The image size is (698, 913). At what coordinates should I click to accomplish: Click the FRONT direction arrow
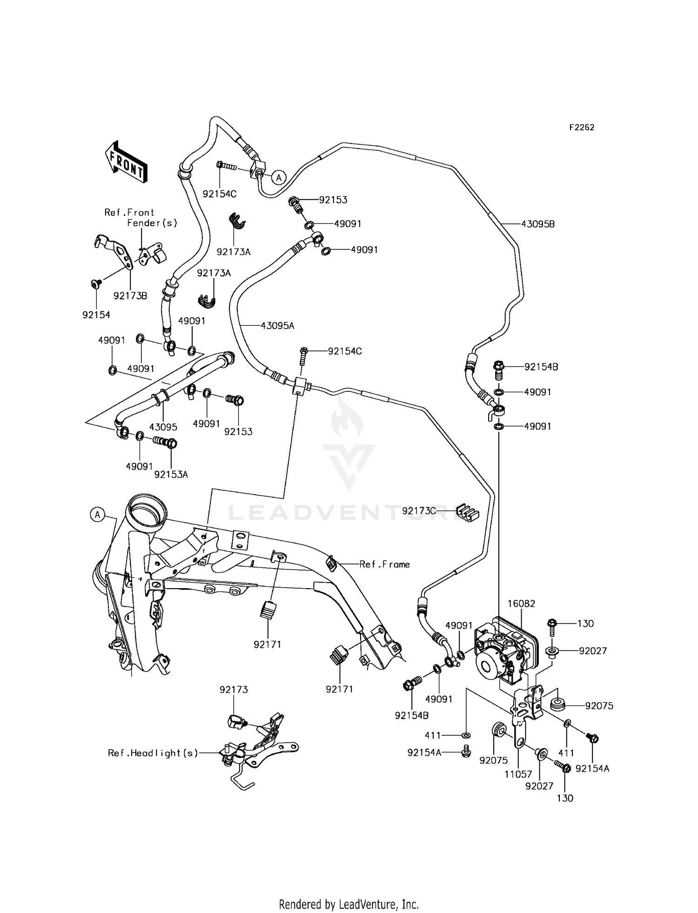point(126,161)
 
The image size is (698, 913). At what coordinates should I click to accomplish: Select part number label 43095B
point(537,224)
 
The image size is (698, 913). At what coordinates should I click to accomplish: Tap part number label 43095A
point(277,326)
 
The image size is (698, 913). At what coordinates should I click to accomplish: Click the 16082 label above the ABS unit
point(521,604)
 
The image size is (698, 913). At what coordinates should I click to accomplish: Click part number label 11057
point(517,774)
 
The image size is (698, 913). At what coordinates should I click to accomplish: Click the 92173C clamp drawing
point(467,512)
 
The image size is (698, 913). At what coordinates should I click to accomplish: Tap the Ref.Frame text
point(384,564)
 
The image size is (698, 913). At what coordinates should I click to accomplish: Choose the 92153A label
point(171,475)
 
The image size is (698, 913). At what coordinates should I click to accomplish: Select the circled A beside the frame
point(97,514)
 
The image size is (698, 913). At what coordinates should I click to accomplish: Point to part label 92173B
point(130,295)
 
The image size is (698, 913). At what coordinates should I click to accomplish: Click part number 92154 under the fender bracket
point(96,315)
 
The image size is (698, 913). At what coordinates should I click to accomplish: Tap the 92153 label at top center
point(333,200)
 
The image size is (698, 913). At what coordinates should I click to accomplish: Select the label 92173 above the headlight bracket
point(234,690)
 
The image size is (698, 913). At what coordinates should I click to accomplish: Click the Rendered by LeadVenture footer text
point(349,904)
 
